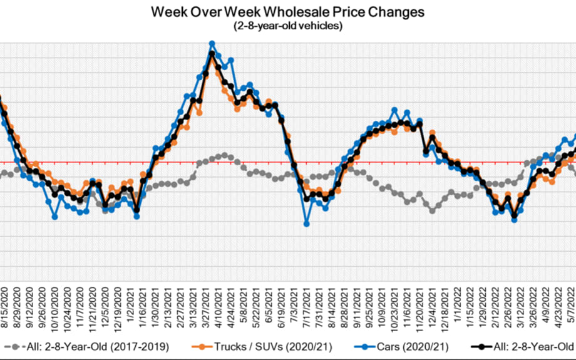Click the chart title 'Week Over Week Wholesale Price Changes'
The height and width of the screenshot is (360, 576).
point(287,12)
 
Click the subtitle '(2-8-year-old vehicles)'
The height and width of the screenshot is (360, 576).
point(287,26)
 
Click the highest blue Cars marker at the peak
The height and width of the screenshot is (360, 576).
point(212,44)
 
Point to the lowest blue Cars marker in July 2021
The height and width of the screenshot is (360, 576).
point(307,224)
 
